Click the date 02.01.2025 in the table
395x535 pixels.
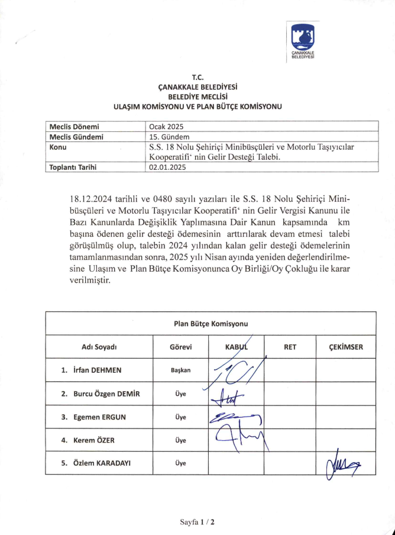169,167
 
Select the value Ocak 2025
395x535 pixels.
167,127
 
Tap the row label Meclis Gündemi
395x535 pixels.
76,136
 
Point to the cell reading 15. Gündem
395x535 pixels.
169,136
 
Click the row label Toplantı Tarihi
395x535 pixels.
73,167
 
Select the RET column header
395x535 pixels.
290,347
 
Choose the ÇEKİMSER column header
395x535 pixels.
346,347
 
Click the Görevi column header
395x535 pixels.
180,347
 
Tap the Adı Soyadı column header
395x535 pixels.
99,347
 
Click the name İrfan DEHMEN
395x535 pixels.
97,370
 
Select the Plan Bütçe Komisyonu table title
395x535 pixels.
211,324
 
